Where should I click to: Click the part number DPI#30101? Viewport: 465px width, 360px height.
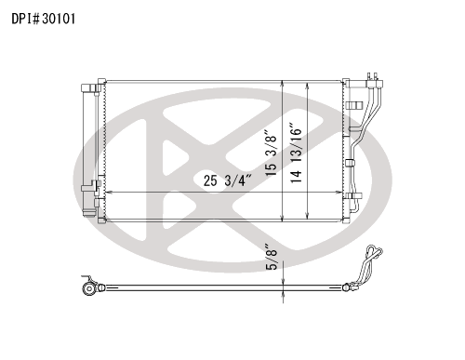point(44,19)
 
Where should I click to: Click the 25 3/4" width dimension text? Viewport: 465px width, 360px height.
point(228,180)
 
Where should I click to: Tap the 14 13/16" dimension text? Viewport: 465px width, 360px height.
point(296,153)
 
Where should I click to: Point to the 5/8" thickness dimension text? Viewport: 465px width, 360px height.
point(272,257)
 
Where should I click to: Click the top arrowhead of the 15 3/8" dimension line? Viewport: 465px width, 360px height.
point(283,84)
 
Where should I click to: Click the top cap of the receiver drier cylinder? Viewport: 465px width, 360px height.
point(90,88)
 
